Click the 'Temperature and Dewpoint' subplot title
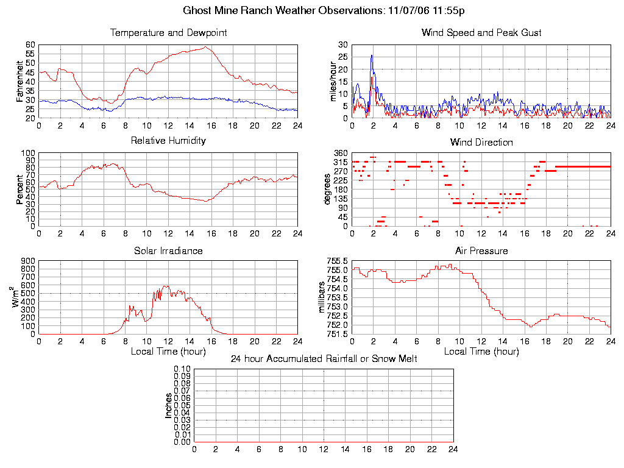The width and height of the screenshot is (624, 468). click(168, 33)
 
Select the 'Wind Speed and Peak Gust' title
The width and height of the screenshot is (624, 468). click(481, 33)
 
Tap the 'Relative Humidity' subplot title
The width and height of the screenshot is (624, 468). click(168, 141)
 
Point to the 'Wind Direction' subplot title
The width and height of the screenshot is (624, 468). click(481, 142)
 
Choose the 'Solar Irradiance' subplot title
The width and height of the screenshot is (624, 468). click(168, 250)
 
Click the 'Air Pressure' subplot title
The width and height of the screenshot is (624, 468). click(481, 250)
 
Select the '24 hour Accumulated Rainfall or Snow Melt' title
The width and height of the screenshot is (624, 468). click(324, 358)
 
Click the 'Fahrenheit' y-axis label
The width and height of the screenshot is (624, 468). click(21, 81)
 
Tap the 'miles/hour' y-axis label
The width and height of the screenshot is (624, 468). click(333, 81)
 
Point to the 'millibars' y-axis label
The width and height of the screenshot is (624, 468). click(324, 297)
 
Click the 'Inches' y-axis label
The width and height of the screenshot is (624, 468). click(169, 405)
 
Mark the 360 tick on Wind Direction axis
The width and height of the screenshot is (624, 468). click(341, 153)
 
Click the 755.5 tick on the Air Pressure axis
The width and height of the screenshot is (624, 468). click(337, 261)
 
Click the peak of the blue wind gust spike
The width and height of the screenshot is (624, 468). click(372, 55)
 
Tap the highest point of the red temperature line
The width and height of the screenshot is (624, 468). click(205, 47)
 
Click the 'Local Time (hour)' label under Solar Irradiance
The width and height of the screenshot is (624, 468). click(168, 352)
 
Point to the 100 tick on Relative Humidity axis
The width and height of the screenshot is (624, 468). click(29, 153)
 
